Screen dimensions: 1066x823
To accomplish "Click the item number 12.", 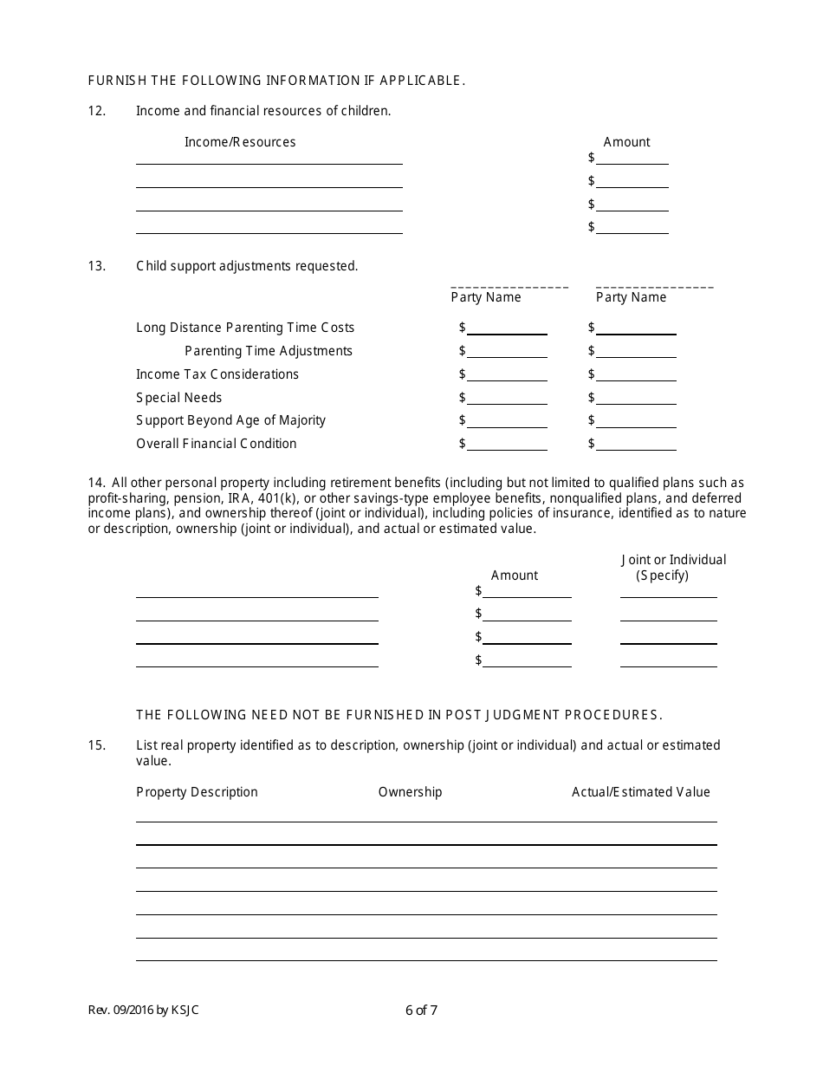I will [x=96, y=111].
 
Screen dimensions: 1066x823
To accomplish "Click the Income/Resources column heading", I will [x=240, y=142].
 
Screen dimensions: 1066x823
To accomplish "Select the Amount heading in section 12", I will [x=626, y=142].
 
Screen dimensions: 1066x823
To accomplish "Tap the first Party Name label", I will [x=486, y=297].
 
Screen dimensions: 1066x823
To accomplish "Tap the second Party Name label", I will [x=631, y=297].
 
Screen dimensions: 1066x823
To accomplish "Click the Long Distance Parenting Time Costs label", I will [x=245, y=328].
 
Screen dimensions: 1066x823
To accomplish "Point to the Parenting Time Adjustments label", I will [x=269, y=351].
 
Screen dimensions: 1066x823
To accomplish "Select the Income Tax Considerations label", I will [x=217, y=374].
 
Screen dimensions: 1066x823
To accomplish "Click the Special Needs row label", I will [x=179, y=398].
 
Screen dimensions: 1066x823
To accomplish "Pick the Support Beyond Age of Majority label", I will [x=231, y=420].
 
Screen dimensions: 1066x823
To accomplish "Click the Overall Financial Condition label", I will [x=217, y=444].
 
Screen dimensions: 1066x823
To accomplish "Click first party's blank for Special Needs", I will [x=508, y=399].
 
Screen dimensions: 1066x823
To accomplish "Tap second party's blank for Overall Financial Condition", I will [x=637, y=445].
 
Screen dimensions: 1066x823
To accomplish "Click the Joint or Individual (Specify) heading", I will [x=673, y=568].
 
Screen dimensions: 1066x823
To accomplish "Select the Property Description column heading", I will [x=197, y=792].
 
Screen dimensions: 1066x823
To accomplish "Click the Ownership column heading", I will [x=410, y=792].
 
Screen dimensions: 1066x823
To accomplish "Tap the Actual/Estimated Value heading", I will [x=640, y=792].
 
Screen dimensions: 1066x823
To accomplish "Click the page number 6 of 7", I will [x=421, y=1010].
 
